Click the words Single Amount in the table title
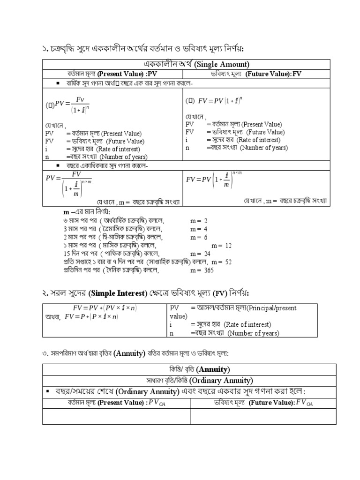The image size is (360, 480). coord(221,64)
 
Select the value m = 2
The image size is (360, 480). coord(199,220)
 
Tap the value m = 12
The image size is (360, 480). coord(221,245)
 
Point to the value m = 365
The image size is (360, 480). coord(202,270)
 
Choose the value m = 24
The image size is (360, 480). coord(199,254)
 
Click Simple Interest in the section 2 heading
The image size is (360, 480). coord(118,293)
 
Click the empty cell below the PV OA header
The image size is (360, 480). coord(116,416)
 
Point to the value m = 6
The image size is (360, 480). coord(199,237)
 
